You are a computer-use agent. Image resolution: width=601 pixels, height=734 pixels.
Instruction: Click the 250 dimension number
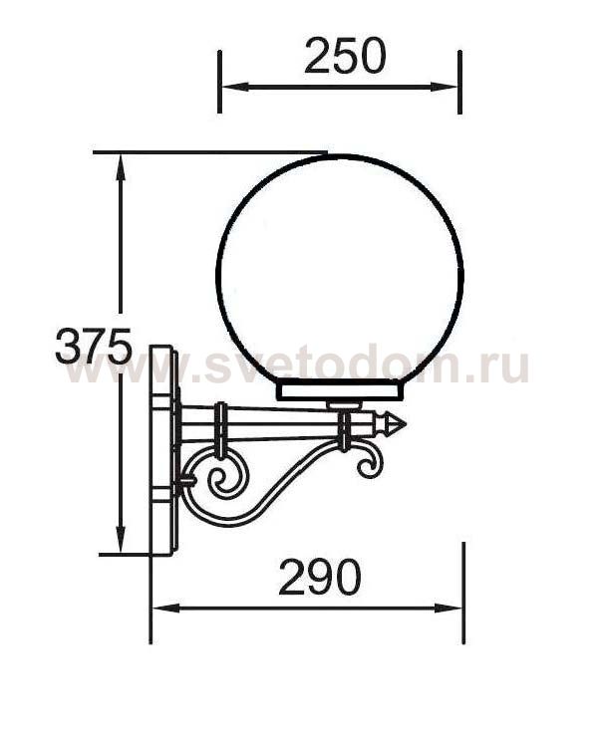coord(345,56)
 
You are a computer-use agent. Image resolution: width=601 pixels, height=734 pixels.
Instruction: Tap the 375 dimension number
coord(94,347)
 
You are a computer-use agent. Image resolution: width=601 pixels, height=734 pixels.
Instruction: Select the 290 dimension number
coord(320,577)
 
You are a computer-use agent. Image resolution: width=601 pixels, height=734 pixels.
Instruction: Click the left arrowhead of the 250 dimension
coord(234,87)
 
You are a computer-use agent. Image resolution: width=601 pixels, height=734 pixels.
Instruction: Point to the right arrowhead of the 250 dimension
coord(444,87)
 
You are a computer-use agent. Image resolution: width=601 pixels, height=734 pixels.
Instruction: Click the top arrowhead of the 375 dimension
coord(121,169)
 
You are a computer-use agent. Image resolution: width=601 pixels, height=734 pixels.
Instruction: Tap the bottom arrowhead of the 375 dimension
coord(121,539)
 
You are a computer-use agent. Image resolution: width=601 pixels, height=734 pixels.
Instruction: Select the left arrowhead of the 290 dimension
coord(166,609)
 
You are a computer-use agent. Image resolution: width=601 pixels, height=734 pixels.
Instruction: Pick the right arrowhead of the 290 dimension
coord(449,609)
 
